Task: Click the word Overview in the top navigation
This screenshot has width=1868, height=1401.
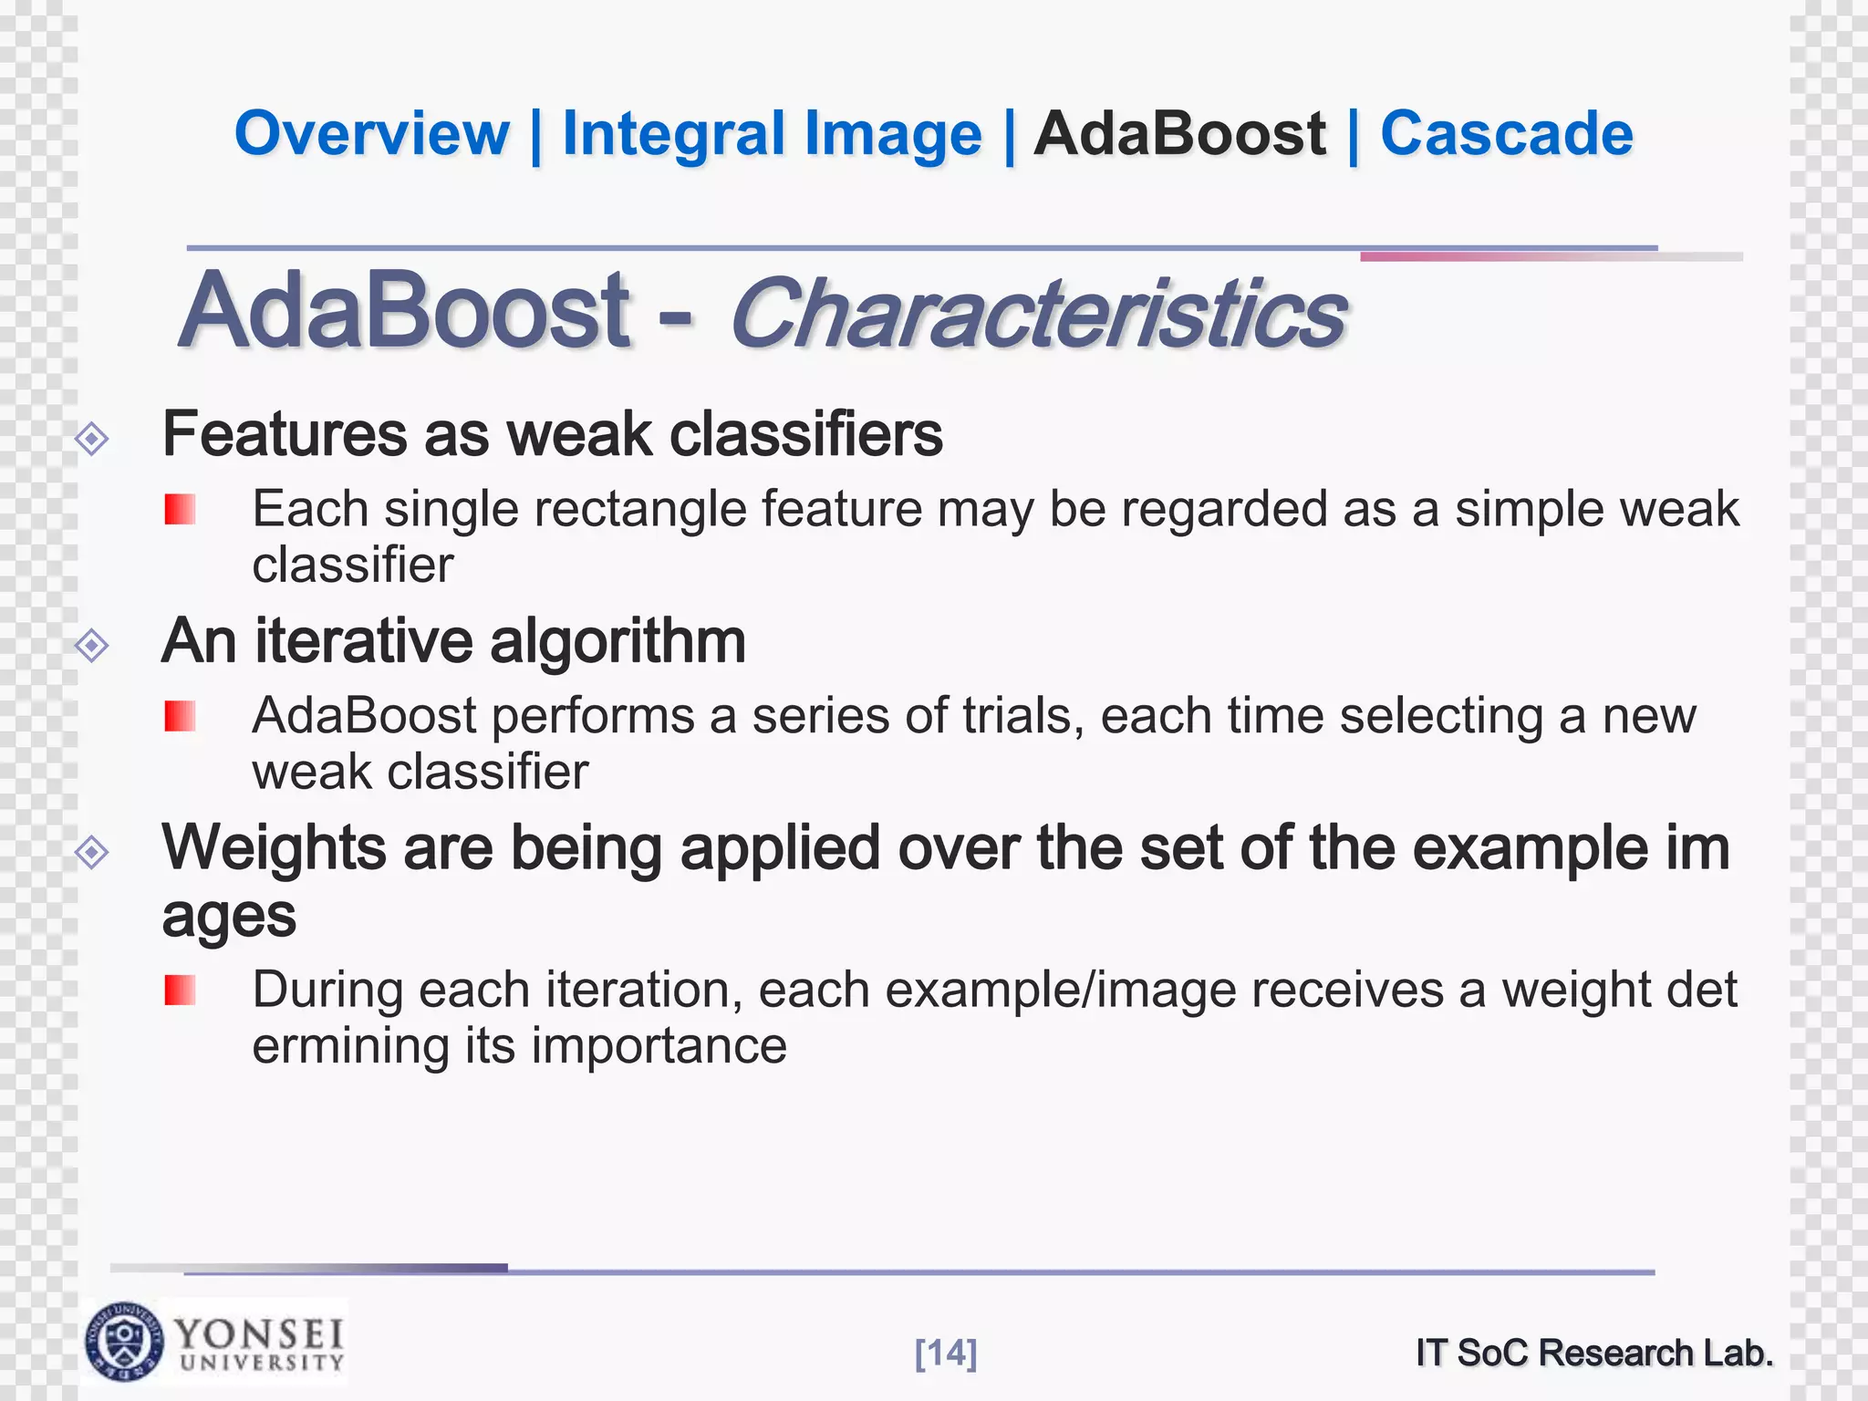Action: [x=371, y=134]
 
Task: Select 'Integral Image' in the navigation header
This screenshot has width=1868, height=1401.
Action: [x=772, y=134]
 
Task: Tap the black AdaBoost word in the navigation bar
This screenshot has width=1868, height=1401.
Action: [x=1179, y=134]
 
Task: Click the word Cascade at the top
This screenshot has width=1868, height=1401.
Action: [x=1506, y=134]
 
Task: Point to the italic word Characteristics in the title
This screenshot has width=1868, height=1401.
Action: [x=1037, y=313]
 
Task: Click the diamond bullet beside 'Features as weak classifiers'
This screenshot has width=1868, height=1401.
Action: [x=92, y=439]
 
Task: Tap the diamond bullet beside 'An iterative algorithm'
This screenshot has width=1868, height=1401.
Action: [x=92, y=646]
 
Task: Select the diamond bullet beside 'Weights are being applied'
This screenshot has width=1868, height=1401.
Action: [x=92, y=853]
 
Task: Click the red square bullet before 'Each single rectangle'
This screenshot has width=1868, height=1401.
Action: [x=180, y=509]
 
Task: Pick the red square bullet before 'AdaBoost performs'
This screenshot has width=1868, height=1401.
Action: [x=180, y=716]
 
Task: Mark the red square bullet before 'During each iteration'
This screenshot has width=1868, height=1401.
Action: [x=180, y=990]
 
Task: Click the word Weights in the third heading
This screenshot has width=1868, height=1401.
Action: [x=274, y=848]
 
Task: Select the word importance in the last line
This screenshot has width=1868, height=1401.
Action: [x=659, y=1045]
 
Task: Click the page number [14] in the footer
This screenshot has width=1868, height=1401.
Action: [x=946, y=1353]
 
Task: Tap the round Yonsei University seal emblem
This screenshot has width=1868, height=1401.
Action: [x=125, y=1341]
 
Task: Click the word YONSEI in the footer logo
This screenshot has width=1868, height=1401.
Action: [x=259, y=1334]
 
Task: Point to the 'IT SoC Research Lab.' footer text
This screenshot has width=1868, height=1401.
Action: [x=1594, y=1353]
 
